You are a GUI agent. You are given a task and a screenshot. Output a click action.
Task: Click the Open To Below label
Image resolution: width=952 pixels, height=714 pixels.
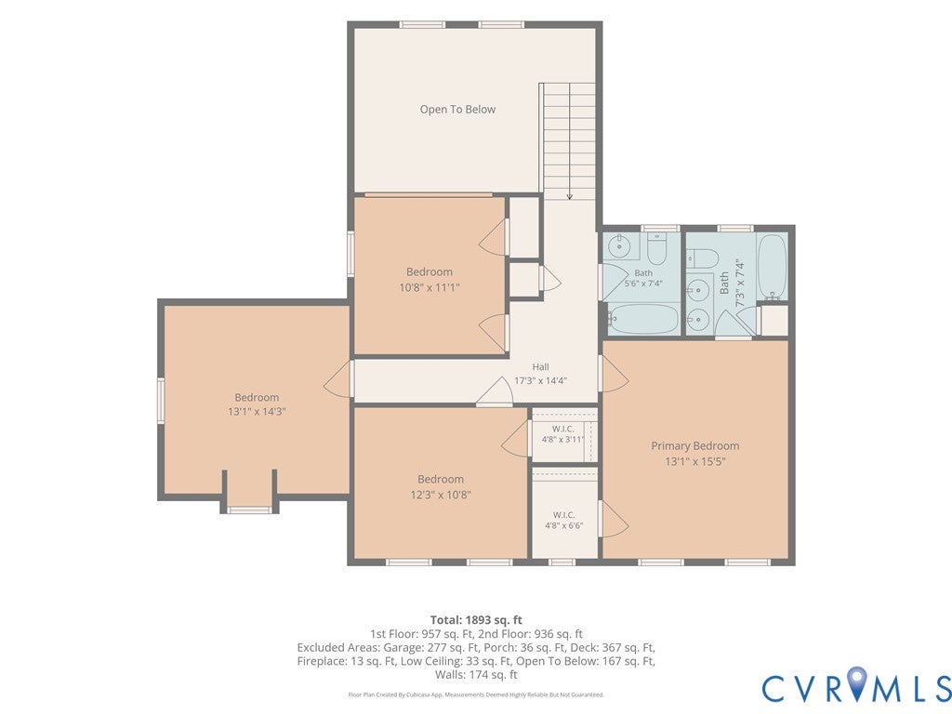click(457, 110)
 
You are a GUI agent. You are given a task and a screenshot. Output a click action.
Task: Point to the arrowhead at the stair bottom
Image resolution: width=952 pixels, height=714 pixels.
click(570, 196)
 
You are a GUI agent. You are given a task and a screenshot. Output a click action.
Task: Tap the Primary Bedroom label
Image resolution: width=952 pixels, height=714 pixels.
click(695, 445)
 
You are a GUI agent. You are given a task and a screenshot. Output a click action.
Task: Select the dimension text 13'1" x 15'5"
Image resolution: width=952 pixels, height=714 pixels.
click(695, 461)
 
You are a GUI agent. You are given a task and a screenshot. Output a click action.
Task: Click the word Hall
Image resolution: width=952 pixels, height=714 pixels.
click(540, 366)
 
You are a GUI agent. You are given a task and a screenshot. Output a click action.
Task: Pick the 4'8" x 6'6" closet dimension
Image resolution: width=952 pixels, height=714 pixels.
click(564, 526)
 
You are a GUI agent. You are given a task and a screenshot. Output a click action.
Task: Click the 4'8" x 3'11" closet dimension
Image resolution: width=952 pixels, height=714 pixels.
click(562, 440)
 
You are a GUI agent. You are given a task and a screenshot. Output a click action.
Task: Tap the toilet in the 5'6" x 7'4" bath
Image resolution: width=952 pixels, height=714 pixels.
click(657, 247)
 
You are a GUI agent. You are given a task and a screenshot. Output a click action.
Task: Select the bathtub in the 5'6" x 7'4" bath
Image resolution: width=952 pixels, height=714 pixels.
click(643, 318)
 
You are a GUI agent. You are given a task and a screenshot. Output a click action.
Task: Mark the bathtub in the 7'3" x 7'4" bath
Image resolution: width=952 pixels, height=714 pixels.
click(773, 265)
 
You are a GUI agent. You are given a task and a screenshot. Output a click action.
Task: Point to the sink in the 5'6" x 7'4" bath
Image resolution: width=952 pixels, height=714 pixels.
click(620, 246)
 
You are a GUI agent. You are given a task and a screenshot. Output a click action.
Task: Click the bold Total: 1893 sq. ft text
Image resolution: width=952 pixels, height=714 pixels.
click(476, 620)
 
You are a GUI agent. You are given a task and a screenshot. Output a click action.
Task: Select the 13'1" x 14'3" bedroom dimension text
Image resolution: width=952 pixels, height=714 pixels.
click(257, 412)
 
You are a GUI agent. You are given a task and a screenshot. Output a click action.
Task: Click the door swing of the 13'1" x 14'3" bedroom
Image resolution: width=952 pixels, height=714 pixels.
click(337, 379)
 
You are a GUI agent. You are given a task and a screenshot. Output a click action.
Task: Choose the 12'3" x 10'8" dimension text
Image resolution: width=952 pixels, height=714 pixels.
click(441, 495)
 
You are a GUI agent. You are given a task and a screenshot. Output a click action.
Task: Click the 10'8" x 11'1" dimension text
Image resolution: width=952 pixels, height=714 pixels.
click(430, 287)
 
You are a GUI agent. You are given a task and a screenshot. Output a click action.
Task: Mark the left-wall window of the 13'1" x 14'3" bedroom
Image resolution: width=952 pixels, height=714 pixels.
click(161, 400)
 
